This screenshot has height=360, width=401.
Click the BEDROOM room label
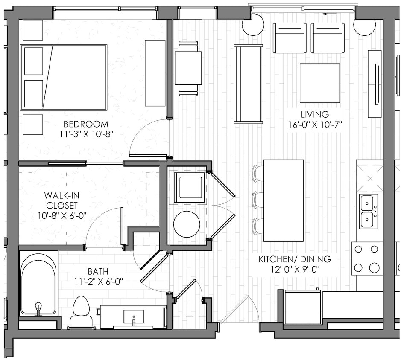(x=86, y=125)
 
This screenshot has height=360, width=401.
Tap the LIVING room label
(x=315, y=114)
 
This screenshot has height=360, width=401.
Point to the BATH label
(x=98, y=271)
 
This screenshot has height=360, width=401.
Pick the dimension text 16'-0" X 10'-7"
(x=315, y=125)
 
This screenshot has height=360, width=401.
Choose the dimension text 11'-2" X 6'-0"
(x=98, y=281)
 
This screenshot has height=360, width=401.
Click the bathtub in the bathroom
(x=38, y=284)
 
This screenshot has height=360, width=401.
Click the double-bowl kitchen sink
(x=369, y=211)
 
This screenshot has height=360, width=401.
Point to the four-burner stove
(x=367, y=258)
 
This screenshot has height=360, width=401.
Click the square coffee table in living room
(x=319, y=83)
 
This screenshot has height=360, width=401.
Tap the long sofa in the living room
(x=248, y=84)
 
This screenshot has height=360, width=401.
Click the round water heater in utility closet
(x=187, y=224)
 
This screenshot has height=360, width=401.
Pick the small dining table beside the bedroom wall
(x=188, y=68)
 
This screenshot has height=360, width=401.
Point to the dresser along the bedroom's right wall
(x=155, y=73)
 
